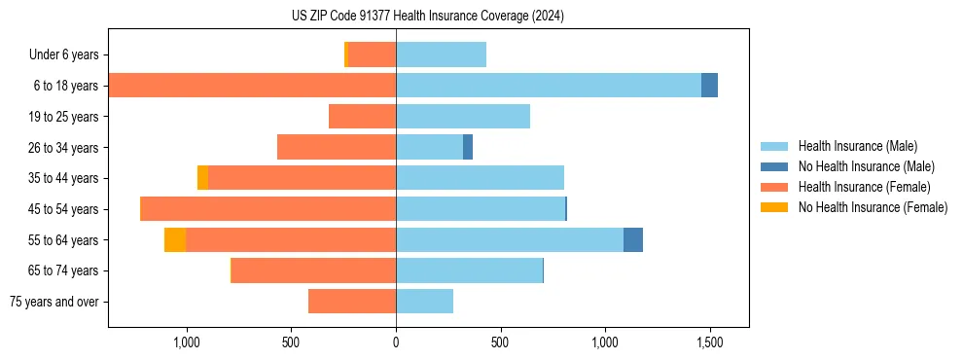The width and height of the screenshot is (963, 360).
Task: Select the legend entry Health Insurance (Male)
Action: click(857, 146)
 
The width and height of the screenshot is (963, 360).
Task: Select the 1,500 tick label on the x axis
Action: click(709, 343)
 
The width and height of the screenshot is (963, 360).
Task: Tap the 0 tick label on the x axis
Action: click(396, 343)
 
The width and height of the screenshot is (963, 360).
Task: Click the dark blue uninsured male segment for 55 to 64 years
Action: click(633, 239)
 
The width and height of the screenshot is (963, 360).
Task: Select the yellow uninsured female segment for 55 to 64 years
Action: click(175, 239)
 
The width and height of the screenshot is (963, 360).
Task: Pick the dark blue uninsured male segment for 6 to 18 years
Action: click(709, 86)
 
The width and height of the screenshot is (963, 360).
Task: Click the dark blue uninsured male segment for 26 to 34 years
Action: click(468, 147)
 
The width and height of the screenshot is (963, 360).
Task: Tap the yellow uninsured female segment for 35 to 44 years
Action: click(202, 178)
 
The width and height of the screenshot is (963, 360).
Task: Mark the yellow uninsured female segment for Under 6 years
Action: click(346, 55)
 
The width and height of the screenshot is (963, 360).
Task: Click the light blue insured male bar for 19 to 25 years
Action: click(463, 117)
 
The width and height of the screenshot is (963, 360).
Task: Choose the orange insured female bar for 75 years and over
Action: click(352, 302)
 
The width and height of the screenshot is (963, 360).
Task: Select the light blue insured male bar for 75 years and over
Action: click(424, 302)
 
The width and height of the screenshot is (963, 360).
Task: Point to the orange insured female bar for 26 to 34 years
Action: click(337, 147)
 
